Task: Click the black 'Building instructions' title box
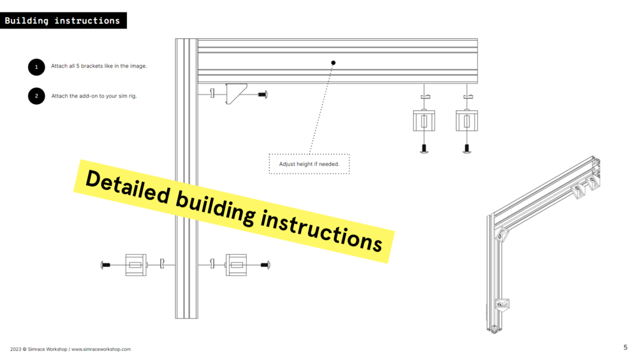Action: click(63, 20)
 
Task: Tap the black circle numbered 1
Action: click(36, 66)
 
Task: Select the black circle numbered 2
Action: click(36, 96)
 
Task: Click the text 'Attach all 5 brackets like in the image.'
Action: click(99, 66)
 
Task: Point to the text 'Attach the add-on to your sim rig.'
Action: click(94, 96)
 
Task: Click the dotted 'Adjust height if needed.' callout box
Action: click(309, 164)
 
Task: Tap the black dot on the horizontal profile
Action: click(333, 63)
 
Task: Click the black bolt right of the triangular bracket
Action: click(262, 94)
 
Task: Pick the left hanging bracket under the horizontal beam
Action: click(424, 121)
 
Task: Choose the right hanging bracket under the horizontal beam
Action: click(467, 121)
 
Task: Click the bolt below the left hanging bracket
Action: click(424, 149)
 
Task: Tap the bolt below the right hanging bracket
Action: click(467, 149)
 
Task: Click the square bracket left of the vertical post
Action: click(135, 264)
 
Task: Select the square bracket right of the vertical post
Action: click(236, 264)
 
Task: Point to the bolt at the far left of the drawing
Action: click(105, 264)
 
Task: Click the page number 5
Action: click(625, 348)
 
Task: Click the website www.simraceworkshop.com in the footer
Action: click(101, 349)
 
